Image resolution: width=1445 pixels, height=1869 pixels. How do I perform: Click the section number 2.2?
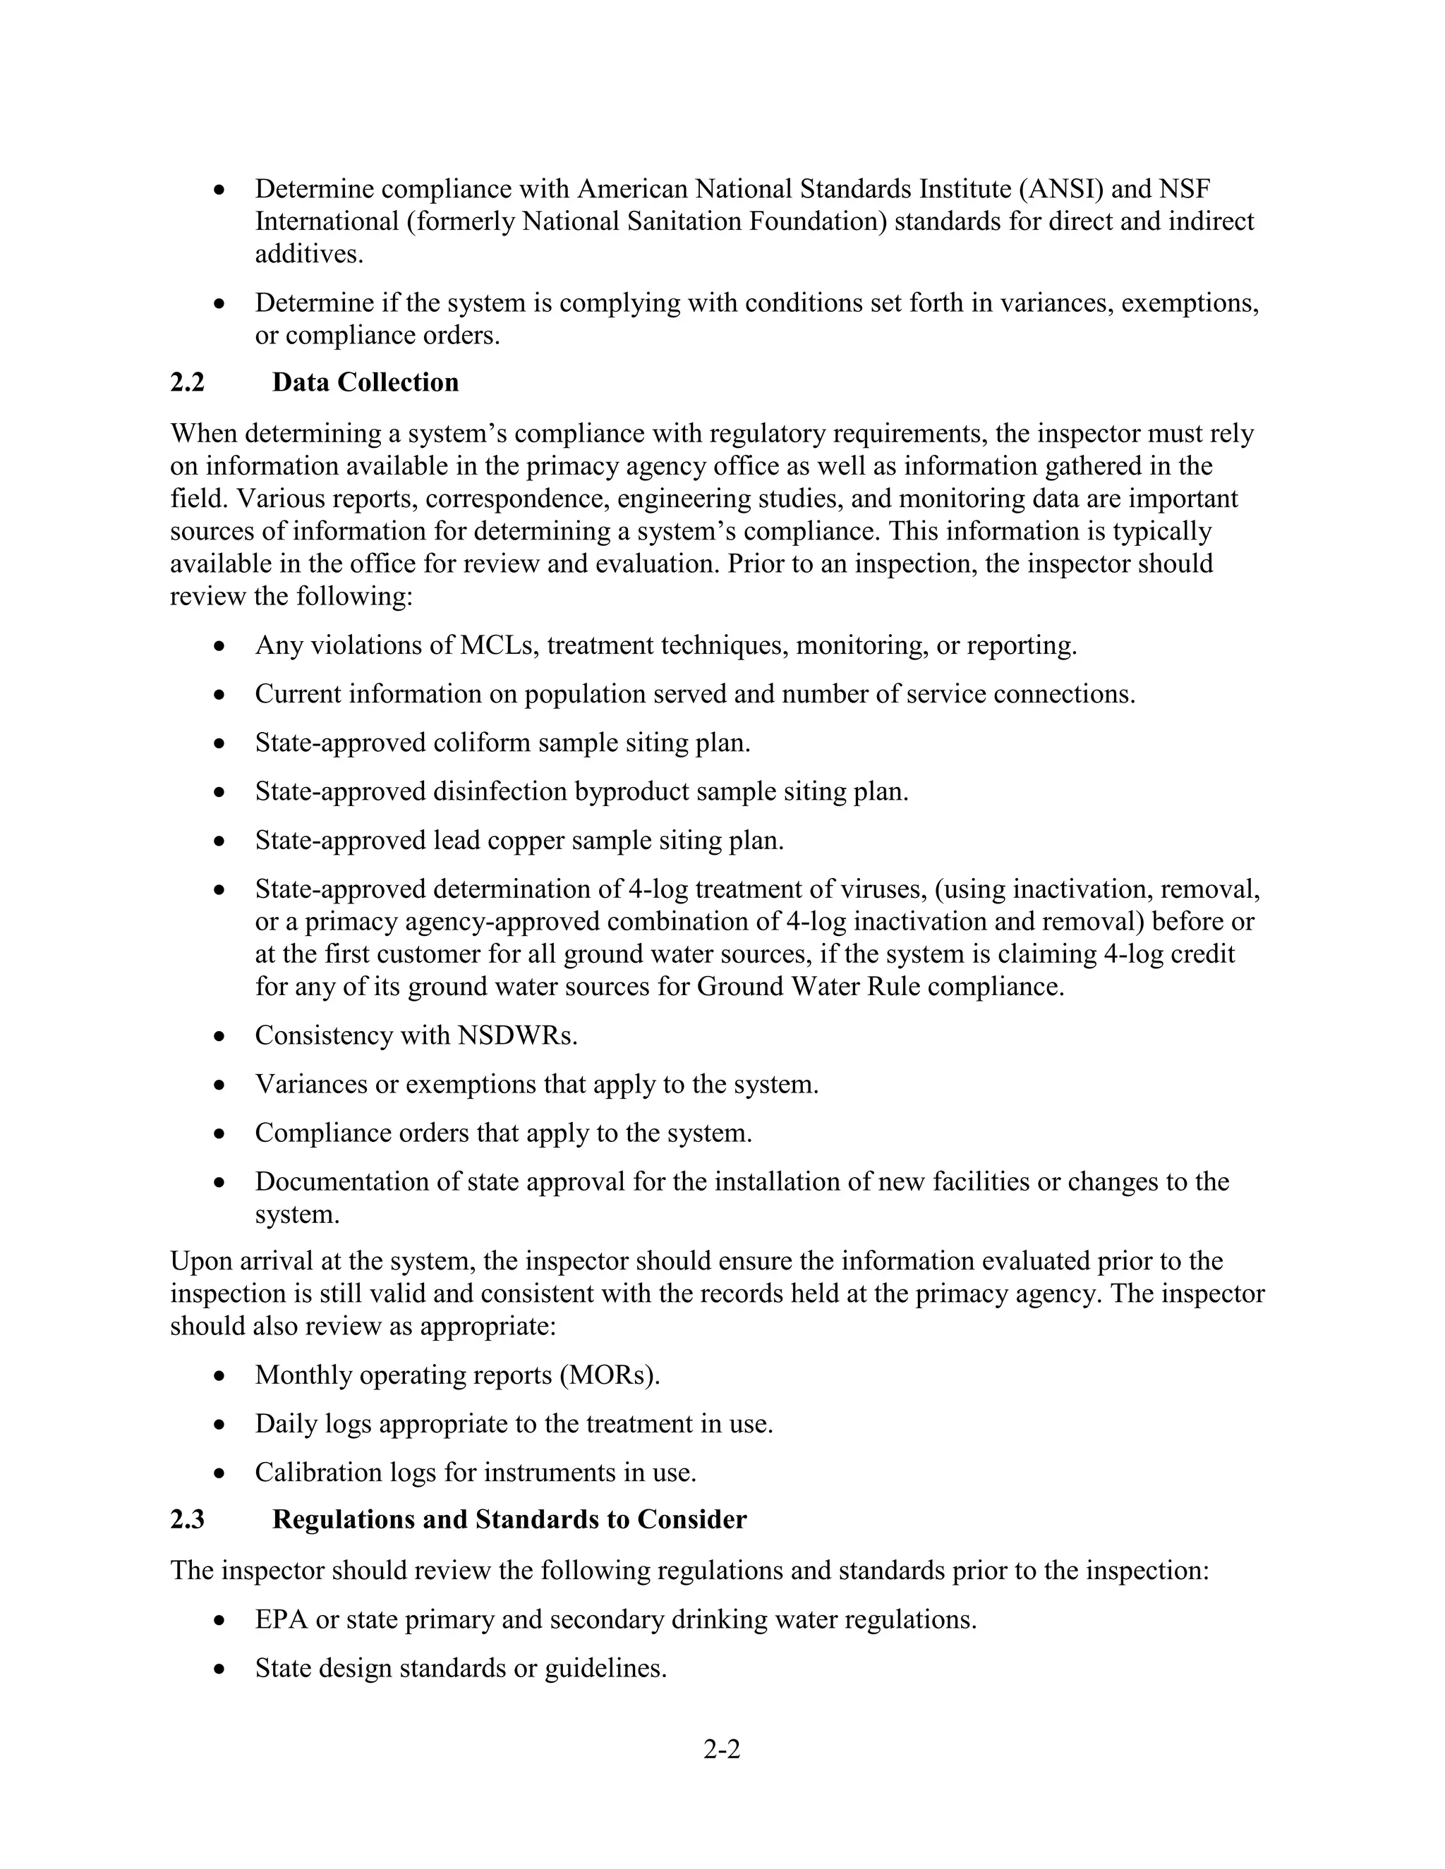coord(188,382)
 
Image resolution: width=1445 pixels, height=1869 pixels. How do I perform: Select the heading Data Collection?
coord(365,382)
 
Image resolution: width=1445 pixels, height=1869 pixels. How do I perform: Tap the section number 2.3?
coord(188,1519)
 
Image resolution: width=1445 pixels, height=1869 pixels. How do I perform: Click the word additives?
coord(309,254)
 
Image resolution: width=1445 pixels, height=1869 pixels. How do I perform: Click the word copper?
coord(526,841)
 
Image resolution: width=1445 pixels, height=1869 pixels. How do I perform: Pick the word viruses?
coord(883,889)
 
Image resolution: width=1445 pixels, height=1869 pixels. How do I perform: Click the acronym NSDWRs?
coord(518,1035)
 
